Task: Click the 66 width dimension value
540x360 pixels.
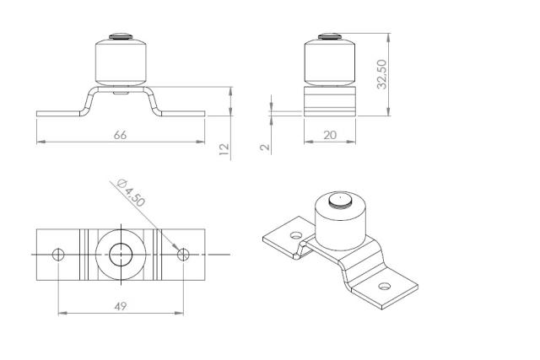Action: pos(120,135)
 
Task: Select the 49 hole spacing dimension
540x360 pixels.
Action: pos(120,306)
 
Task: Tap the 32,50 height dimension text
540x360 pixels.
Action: pos(382,75)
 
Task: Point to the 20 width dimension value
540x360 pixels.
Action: pos(330,135)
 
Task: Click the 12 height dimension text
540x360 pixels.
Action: pos(224,148)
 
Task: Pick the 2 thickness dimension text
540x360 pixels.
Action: pos(265,147)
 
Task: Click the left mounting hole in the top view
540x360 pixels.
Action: pos(57,254)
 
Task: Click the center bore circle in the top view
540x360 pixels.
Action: pos(120,254)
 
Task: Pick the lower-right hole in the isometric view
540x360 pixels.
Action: pos(385,287)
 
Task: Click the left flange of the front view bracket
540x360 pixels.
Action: pos(59,112)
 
